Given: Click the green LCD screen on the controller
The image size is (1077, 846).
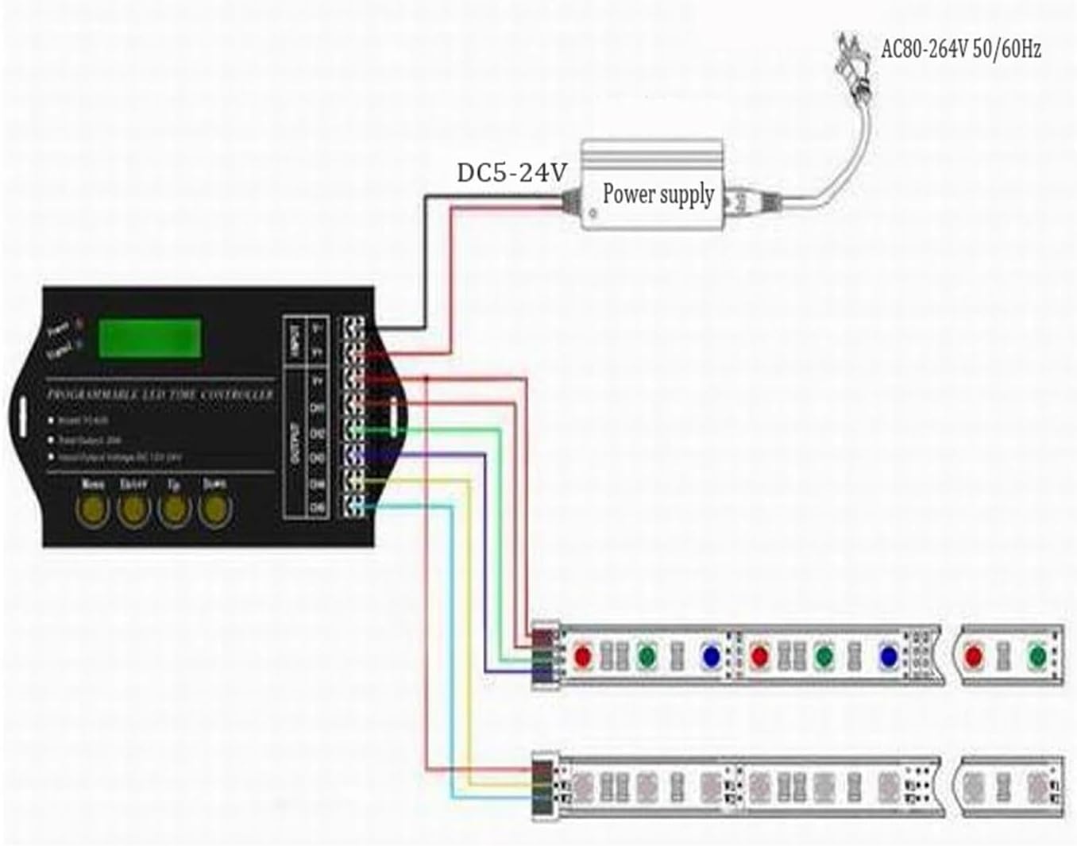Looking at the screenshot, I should pyautogui.click(x=149, y=339).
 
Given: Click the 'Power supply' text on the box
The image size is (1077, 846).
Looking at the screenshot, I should pyautogui.click(x=658, y=193).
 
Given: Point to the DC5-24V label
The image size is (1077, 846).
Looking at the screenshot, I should pyautogui.click(x=511, y=172).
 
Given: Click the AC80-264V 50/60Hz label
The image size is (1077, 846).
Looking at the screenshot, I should pyautogui.click(x=960, y=49).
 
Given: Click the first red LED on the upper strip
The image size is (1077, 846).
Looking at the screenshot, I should pyautogui.click(x=583, y=656).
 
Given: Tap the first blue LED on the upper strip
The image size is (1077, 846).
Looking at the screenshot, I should pyautogui.click(x=711, y=656).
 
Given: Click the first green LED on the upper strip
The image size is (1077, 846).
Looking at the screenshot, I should pyautogui.click(x=647, y=656).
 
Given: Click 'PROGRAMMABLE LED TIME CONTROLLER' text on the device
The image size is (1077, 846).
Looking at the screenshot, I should pyautogui.click(x=160, y=394).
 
